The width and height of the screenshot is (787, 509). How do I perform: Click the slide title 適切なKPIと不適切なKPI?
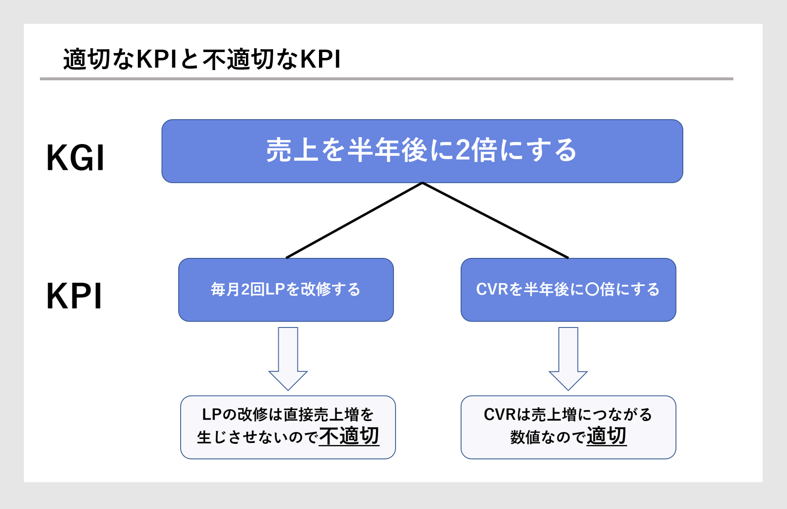(202, 59)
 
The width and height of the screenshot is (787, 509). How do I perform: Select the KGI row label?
(75, 158)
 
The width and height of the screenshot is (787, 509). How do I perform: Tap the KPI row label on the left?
(74, 296)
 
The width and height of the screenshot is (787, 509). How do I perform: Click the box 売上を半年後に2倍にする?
(422, 151)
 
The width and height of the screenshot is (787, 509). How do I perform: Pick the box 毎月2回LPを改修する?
(286, 290)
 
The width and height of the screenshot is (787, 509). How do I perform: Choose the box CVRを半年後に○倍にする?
(568, 290)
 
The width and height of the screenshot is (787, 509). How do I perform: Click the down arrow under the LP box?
(288, 359)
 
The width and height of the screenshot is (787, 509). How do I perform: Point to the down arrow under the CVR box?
(568, 359)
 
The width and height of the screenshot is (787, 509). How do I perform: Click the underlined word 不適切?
(349, 436)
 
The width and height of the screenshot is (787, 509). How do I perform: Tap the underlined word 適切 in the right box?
(607, 436)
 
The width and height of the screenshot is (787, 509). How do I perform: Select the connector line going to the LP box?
(354, 220)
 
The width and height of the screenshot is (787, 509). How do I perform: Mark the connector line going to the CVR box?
(495, 220)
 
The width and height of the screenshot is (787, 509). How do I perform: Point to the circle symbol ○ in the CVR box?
(592, 290)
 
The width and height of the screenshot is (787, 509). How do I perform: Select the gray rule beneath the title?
(387, 79)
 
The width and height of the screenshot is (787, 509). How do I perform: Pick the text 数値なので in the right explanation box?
(548, 437)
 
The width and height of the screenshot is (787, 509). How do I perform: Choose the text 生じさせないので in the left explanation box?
(258, 437)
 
